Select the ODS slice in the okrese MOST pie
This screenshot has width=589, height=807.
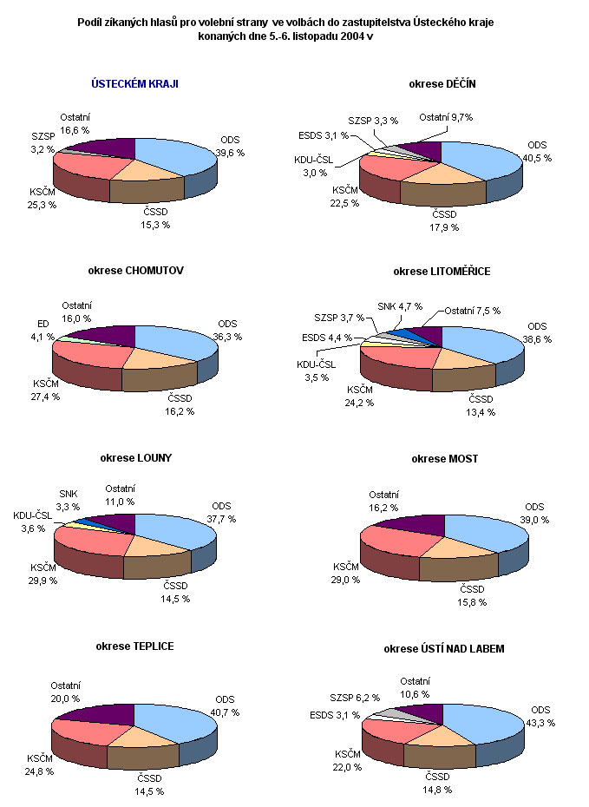pos(486,529)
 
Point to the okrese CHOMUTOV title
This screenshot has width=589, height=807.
pos(135,271)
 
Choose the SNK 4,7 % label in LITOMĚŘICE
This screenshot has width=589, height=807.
pos(401,305)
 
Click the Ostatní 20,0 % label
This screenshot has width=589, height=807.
pos(65,692)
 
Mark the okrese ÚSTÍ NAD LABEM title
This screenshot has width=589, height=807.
pos(443,648)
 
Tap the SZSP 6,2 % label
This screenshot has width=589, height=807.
pos(354,696)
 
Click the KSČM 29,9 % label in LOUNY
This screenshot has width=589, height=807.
pos(43,574)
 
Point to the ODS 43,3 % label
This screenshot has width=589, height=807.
pos(541,716)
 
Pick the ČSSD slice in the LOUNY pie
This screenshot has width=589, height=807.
pos(158,545)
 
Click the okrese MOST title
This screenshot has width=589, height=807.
pos(444,458)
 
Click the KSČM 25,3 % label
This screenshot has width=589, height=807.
pos(43,199)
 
